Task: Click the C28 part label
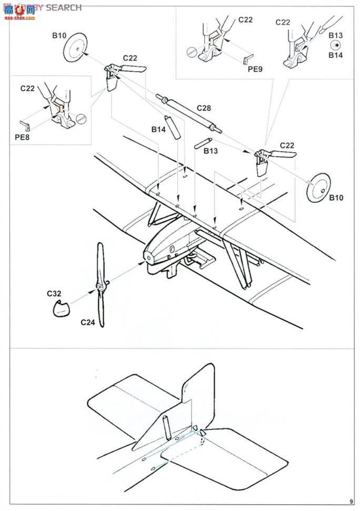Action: (204, 107)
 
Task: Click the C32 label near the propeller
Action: (53, 293)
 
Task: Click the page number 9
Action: (350, 502)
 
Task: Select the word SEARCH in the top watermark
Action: (64, 7)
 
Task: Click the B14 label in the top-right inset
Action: (336, 55)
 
